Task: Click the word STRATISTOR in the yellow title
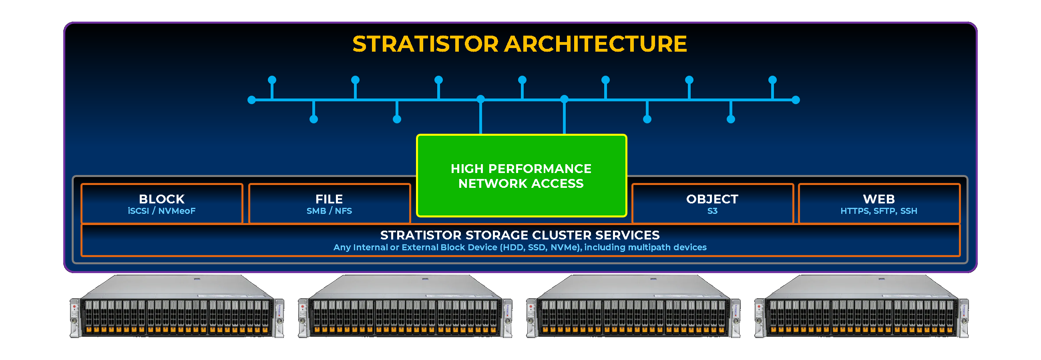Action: pos(426,44)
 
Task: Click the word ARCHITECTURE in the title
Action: pos(596,44)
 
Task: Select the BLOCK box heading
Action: pos(162,199)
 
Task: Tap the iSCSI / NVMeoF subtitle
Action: pos(162,211)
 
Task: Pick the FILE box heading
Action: pos(329,199)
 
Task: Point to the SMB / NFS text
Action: pos(329,211)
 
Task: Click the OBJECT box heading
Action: pos(712,199)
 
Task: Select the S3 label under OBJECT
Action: pos(712,211)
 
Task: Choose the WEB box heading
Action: pos(878,199)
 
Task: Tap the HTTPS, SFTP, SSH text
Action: pos(878,211)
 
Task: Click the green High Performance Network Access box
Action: pos(521,176)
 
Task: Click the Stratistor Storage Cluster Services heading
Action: pos(520,235)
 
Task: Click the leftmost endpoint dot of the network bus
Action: pos(252,100)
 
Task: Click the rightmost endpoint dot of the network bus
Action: pos(796,100)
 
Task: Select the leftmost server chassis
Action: pos(177,307)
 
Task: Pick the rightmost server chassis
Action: pos(862,307)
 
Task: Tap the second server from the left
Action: pos(405,307)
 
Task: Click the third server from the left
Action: pos(633,307)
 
